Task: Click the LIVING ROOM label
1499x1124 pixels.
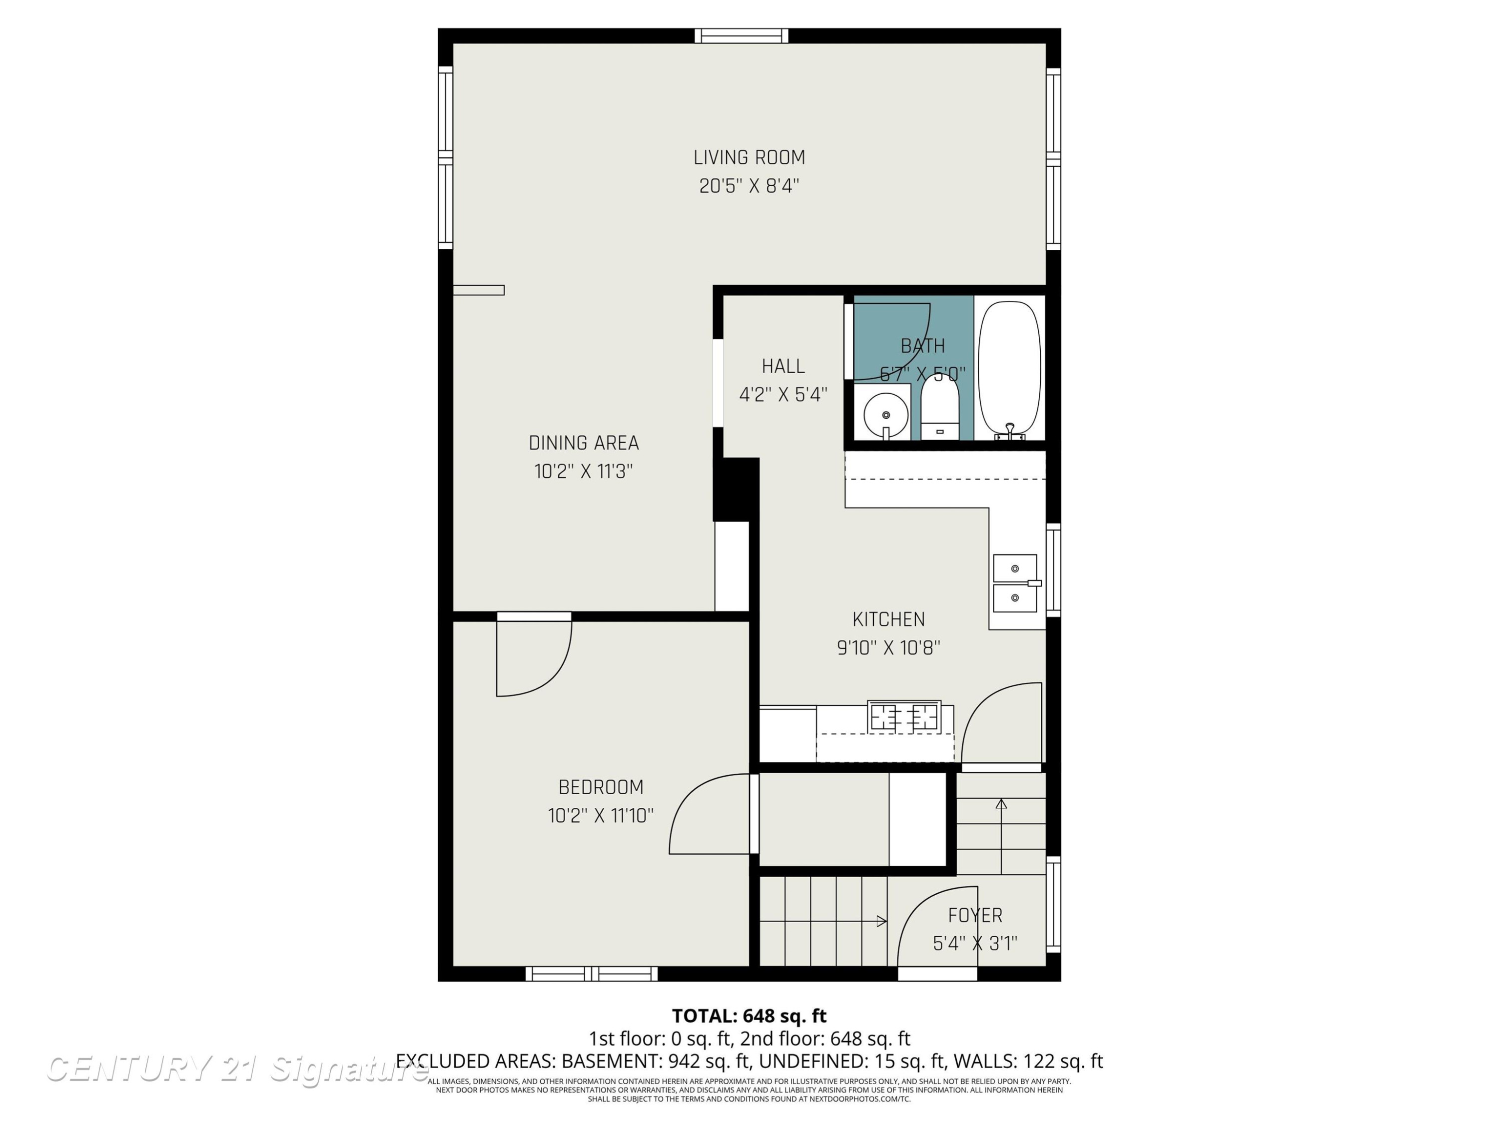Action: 749,158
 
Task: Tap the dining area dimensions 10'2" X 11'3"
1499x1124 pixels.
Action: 584,471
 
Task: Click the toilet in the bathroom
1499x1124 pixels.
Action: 939,407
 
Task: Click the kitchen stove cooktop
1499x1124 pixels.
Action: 904,717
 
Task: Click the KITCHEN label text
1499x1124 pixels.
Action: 888,619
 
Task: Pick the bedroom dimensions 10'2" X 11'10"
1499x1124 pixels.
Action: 601,815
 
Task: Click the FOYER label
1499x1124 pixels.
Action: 975,915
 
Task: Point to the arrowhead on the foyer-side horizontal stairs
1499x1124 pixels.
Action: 881,921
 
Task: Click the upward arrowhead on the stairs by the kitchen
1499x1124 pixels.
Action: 1001,804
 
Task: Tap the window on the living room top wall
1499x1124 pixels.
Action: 742,36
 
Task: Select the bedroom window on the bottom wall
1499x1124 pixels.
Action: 592,974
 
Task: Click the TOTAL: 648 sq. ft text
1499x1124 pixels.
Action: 749,1016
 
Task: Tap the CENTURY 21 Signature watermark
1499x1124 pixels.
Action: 237,1069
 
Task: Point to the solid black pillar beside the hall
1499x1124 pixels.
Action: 736,489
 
